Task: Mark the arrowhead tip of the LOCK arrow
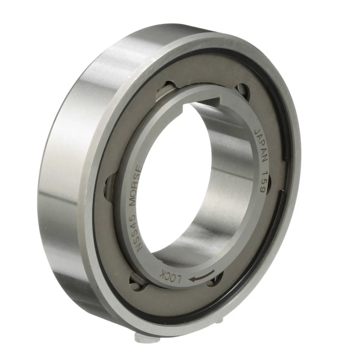[x=189, y=279]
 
